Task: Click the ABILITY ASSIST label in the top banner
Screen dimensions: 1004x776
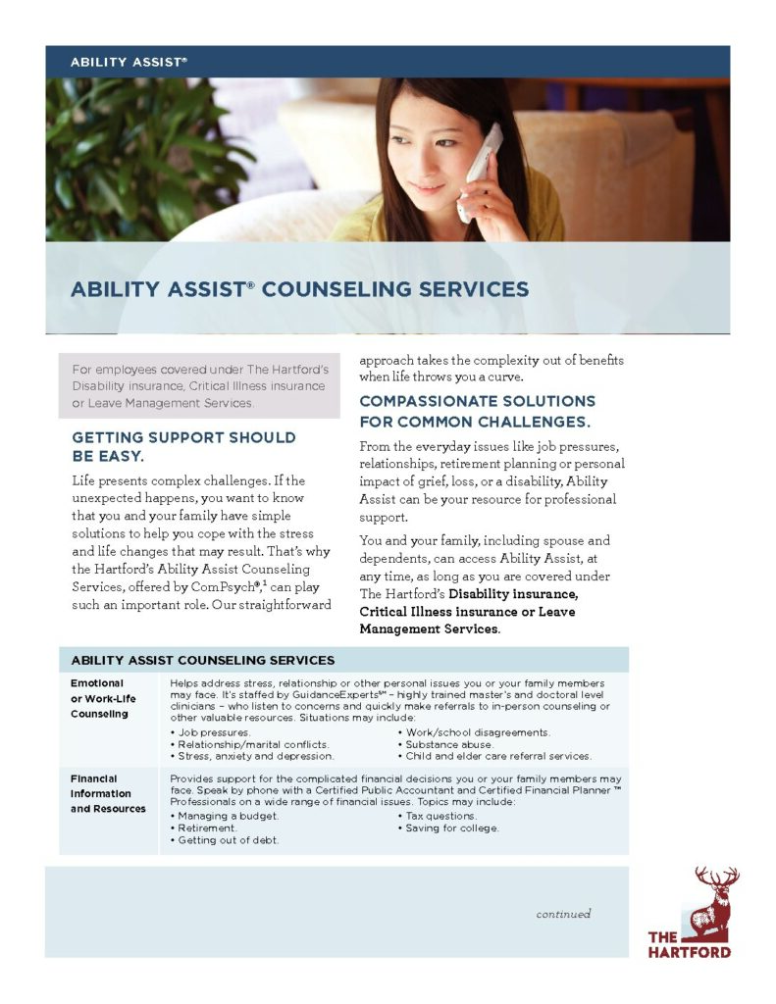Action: point(128,62)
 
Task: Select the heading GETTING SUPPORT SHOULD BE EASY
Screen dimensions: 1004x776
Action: point(182,446)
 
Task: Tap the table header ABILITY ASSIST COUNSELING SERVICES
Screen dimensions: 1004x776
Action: point(202,660)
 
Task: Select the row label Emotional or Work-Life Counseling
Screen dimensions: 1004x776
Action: point(103,698)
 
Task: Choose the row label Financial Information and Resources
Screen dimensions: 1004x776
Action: point(108,793)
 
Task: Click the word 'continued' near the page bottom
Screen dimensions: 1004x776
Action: point(563,914)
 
